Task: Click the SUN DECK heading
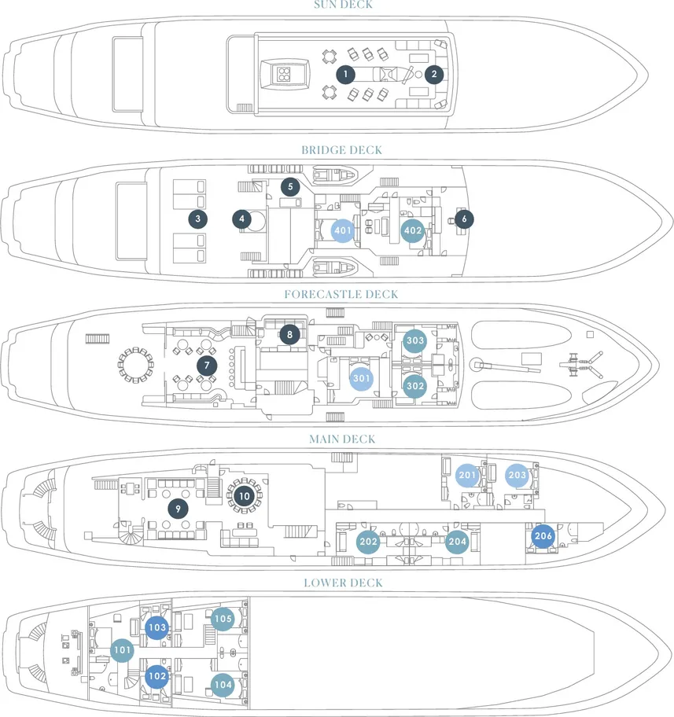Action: tap(343, 5)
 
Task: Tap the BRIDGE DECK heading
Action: tap(341, 150)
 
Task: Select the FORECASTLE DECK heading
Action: tap(341, 295)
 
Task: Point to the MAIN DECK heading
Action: tap(342, 439)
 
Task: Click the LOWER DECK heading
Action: tap(343, 583)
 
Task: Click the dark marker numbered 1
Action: tap(344, 75)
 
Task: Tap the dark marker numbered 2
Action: tap(433, 75)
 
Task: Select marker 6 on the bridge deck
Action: tap(464, 219)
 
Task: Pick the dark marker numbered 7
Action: tap(206, 366)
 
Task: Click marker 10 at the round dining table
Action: tap(244, 496)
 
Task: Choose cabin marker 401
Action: tap(343, 231)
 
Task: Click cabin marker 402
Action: tap(413, 231)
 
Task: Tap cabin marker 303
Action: tap(415, 341)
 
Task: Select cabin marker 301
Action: tap(362, 378)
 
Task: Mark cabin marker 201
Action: tap(468, 475)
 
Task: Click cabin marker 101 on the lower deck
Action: tap(122, 651)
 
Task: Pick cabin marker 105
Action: tap(223, 619)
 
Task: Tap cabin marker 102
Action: tap(157, 676)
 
